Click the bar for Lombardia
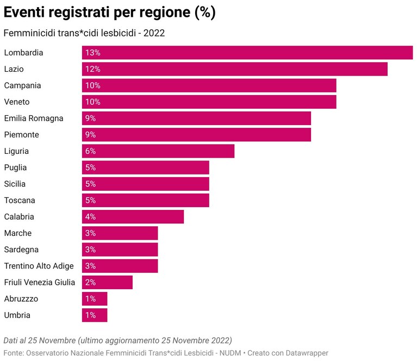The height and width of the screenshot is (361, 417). tap(247, 52)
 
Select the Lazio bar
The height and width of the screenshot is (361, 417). tap(234, 69)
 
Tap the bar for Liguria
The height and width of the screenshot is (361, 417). tap(158, 151)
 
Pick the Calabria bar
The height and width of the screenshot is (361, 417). tap(133, 216)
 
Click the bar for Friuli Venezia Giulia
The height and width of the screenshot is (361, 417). tap(107, 282)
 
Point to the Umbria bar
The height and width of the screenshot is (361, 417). tap(95, 315)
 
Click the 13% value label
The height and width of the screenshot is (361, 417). tap(92, 53)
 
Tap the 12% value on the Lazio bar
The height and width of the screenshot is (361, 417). tap(92, 69)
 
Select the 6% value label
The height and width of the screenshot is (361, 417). tap(90, 151)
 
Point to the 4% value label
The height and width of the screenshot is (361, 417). tap(90, 217)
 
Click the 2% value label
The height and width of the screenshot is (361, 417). tap(90, 282)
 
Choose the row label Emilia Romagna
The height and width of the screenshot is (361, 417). tap(34, 119)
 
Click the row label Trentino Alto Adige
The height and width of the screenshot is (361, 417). tap(39, 266)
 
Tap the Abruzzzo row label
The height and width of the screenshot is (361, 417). tap(21, 299)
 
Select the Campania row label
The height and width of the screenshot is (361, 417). tap(23, 86)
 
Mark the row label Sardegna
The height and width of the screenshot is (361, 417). tap(21, 250)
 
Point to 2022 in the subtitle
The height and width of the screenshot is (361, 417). tap(154, 33)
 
